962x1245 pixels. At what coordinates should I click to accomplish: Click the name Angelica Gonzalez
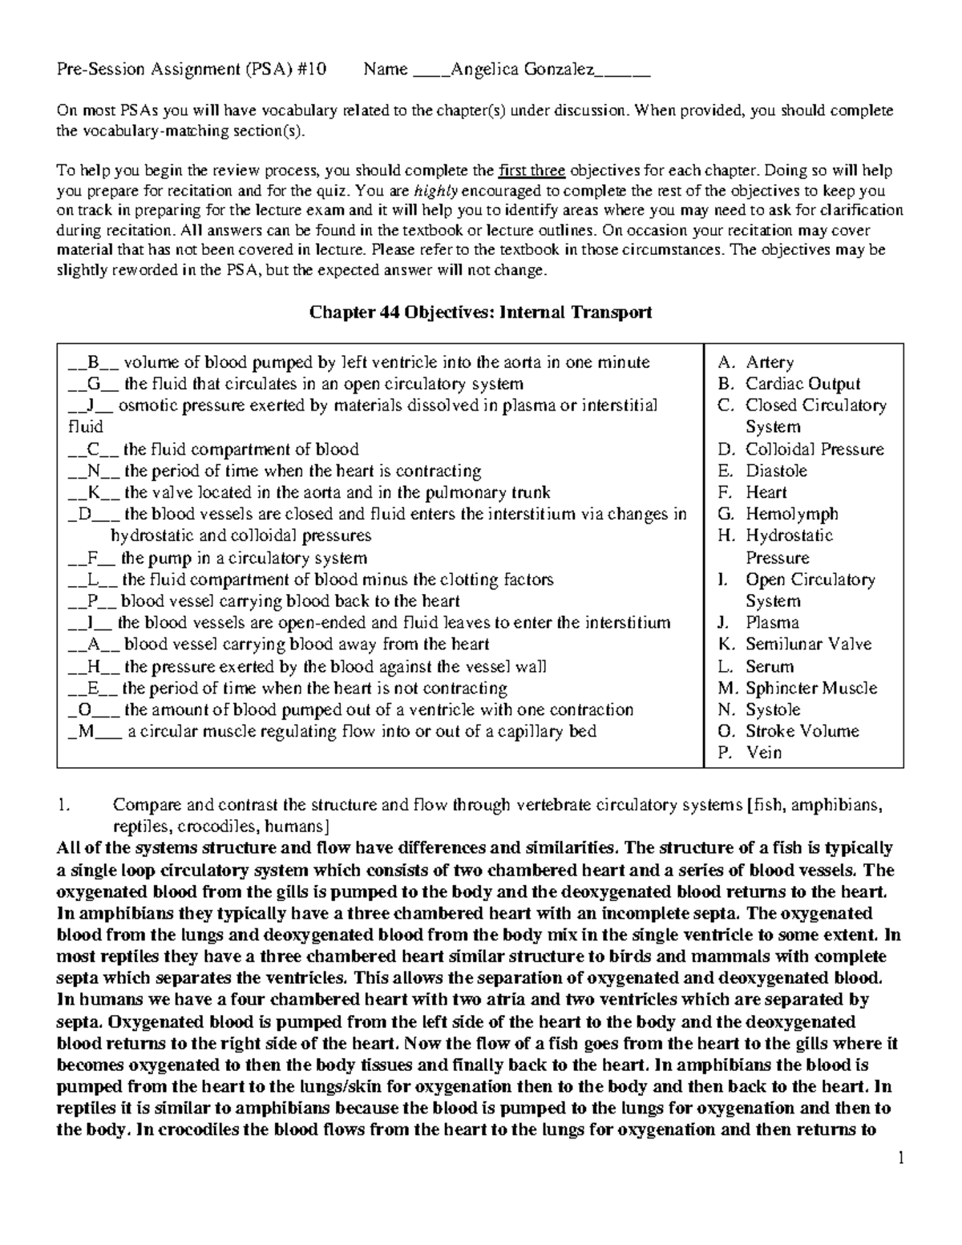[522, 70]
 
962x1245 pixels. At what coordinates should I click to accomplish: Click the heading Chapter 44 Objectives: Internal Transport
[480, 313]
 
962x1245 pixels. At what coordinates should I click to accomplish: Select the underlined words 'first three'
[532, 171]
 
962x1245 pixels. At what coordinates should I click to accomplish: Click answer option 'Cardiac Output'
[802, 384]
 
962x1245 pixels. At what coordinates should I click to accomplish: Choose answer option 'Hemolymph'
[791, 514]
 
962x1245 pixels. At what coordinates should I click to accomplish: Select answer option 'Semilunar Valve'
[808, 645]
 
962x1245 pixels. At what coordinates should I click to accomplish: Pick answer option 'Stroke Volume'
[802, 731]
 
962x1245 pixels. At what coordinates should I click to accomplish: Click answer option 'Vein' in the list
[763, 753]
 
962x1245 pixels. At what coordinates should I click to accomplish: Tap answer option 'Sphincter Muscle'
[810, 688]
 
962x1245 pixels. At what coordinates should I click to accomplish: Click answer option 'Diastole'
[776, 471]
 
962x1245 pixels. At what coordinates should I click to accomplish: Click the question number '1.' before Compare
[65, 805]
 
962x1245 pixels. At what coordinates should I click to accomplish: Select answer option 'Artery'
[770, 362]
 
